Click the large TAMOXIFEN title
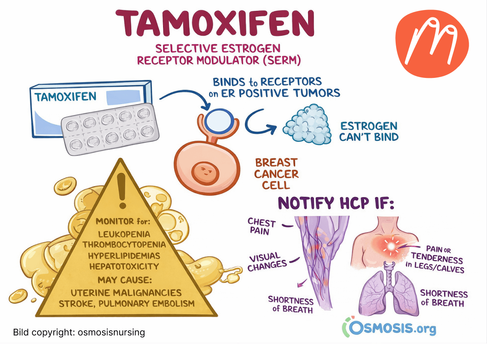tap(215, 24)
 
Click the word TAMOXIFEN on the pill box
tap(65, 97)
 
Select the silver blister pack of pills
tap(110, 129)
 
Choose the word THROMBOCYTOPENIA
tap(124, 245)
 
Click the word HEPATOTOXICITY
tap(124, 266)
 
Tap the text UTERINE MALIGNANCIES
tap(126, 292)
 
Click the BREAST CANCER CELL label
tap(276, 173)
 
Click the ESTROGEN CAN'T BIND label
tap(369, 131)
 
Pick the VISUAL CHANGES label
tap(267, 262)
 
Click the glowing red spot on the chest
tap(391, 247)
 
